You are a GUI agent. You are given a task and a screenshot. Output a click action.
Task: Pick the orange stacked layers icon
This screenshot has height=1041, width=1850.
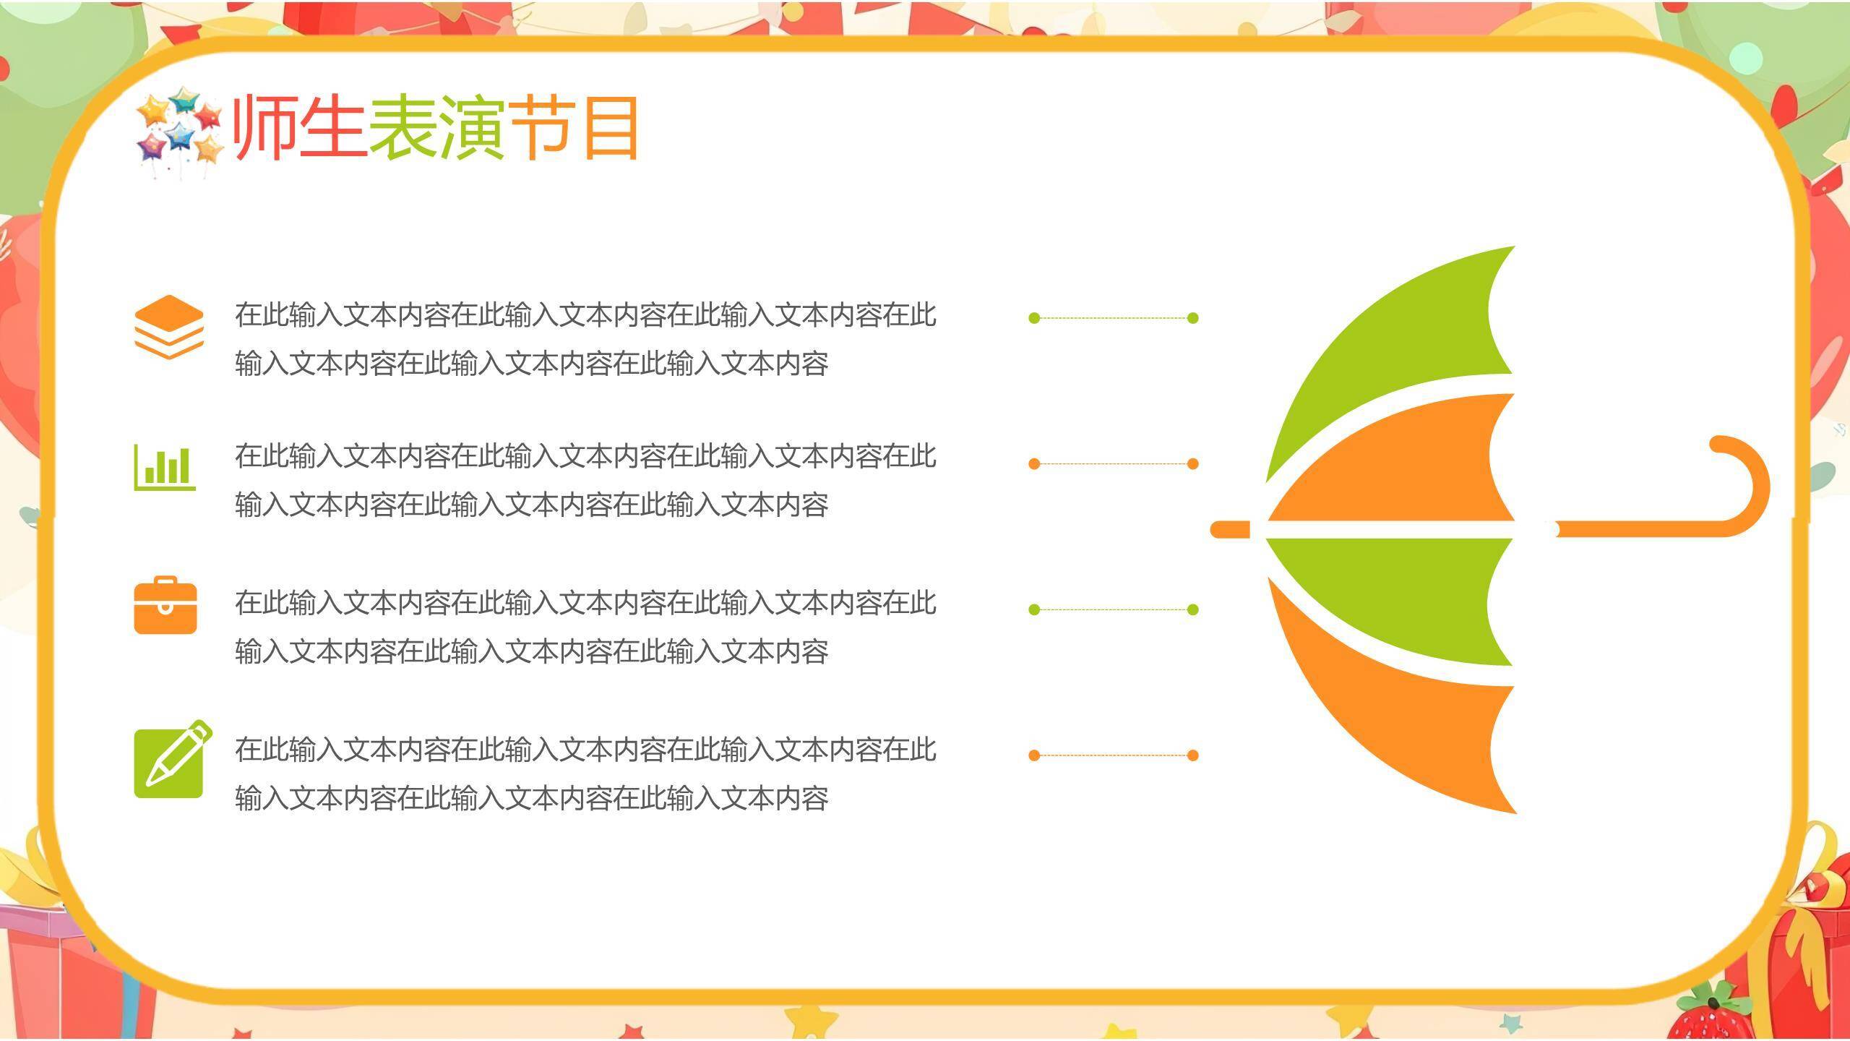168,326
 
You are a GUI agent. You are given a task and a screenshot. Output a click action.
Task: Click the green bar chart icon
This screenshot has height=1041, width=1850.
165,467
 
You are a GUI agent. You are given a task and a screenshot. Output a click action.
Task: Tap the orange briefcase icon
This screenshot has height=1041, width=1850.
165,606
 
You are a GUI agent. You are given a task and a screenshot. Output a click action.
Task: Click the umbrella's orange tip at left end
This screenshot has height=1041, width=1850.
1229,529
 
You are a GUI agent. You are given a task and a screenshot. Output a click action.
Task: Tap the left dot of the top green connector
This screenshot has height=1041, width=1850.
1034,318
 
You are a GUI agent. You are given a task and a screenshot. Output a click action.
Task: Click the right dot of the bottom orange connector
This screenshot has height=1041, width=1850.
1193,755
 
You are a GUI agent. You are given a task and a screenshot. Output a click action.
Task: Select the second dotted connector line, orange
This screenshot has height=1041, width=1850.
1113,463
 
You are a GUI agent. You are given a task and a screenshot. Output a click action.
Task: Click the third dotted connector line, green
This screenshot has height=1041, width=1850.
1113,609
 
